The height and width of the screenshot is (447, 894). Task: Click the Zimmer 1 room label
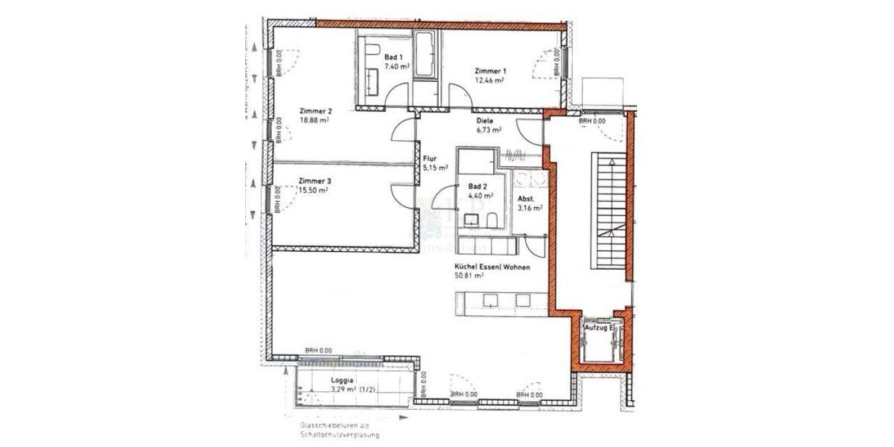489,71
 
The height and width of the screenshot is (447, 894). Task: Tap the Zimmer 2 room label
315,111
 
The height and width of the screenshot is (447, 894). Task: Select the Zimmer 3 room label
314,181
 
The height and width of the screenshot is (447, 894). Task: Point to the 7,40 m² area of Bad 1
397,66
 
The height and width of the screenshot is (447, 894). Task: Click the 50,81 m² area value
469,275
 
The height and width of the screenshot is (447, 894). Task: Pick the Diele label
486,120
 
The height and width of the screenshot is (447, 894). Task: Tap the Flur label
429,159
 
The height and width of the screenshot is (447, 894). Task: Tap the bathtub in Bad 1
427,54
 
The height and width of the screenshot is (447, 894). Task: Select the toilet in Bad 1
370,52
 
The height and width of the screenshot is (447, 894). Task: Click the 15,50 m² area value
313,190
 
